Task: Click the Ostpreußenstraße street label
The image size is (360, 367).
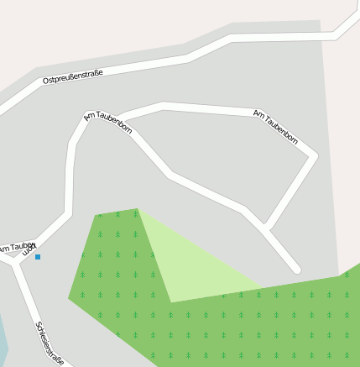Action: [x=73, y=76]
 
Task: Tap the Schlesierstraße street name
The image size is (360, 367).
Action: [x=50, y=343]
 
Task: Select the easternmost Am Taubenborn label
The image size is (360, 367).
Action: [x=276, y=127]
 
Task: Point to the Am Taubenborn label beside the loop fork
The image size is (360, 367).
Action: [x=108, y=123]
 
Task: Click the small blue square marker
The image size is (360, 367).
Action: [x=38, y=257]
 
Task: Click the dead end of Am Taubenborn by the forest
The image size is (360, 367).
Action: [x=296, y=270]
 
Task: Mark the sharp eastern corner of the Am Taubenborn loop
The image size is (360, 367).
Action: [x=315, y=155]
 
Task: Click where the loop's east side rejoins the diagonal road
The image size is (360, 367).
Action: [x=265, y=228]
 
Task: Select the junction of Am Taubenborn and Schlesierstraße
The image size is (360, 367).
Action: [x=17, y=261]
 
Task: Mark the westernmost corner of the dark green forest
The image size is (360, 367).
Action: [x=69, y=298]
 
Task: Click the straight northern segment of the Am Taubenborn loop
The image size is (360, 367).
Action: [x=210, y=108]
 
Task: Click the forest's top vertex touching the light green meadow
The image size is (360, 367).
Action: [x=137, y=209]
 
